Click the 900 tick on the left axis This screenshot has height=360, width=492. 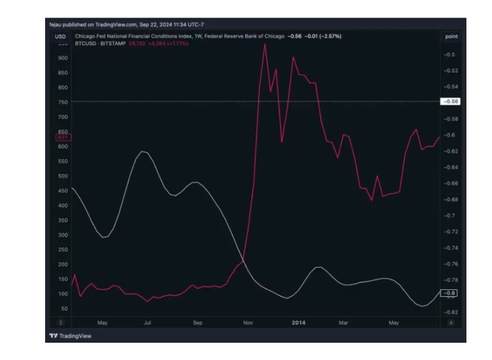62,57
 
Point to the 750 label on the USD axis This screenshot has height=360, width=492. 62,101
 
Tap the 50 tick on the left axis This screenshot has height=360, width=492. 63,308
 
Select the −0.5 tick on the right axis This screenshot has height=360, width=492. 450,55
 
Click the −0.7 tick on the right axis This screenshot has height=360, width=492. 450,216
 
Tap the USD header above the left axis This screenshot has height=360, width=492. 60,36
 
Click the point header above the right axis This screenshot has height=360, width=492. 451,36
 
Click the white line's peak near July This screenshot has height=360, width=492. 142,152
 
